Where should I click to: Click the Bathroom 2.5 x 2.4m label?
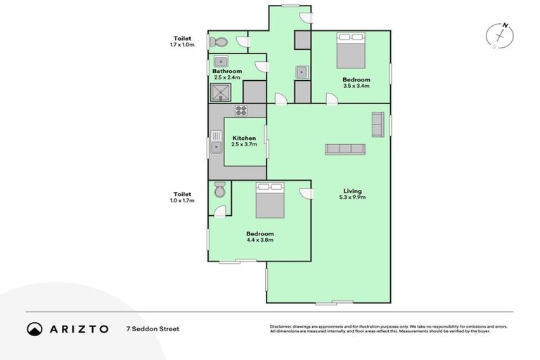pyautogui.click(x=228, y=75)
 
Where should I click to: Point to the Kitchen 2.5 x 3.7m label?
pyautogui.click(x=244, y=141)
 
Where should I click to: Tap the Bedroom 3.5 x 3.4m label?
pyautogui.click(x=356, y=83)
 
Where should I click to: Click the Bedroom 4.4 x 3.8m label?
pyautogui.click(x=259, y=236)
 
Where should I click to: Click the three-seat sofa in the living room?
pyautogui.click(x=345, y=149)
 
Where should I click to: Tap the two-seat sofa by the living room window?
pyautogui.click(x=378, y=124)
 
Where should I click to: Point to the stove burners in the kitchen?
pyautogui.click(x=240, y=110)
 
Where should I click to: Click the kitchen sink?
pyautogui.click(x=217, y=148)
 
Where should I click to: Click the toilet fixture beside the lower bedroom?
pyautogui.click(x=219, y=190)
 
